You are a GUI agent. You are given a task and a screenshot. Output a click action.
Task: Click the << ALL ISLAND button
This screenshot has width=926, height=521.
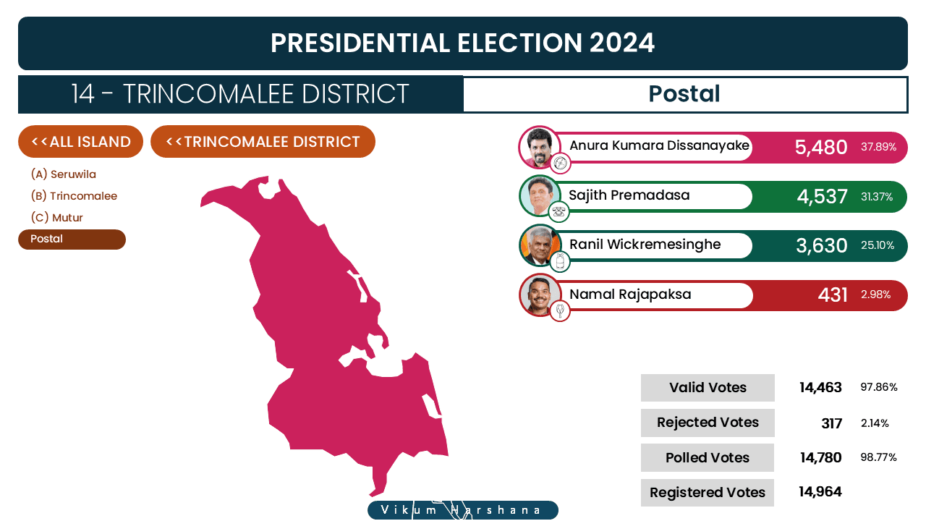coord(80,142)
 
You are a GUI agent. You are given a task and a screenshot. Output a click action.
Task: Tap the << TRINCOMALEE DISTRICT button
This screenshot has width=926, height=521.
coord(263,142)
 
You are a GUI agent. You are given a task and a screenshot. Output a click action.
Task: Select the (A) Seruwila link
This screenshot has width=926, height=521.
coord(63,174)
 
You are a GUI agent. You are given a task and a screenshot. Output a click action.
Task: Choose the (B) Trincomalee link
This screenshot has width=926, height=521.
coord(74,196)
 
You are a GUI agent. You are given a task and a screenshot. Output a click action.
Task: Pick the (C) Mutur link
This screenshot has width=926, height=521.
coord(56,218)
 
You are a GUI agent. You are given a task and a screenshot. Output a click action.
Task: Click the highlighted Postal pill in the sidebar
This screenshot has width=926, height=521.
coord(72,240)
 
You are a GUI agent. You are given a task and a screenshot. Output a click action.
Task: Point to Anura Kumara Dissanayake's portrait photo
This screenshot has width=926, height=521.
coord(539,147)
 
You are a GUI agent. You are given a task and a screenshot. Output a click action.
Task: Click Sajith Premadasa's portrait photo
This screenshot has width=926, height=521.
coord(540,196)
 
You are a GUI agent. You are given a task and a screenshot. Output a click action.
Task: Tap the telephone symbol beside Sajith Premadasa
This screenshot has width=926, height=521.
coord(559,212)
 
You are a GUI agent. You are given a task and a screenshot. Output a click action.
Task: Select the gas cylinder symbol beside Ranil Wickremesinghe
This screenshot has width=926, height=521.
coord(560,261)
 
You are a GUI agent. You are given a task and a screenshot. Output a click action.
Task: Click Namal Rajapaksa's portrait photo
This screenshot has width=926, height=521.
coord(540,295)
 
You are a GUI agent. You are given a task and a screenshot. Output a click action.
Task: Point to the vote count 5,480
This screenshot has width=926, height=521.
coord(821,147)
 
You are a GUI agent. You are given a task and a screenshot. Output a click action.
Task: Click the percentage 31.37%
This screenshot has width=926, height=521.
coord(877,197)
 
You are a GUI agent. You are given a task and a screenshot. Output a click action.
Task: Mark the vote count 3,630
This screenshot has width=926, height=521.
coord(822,245)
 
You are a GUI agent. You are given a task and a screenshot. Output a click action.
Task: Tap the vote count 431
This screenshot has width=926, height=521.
coord(833,295)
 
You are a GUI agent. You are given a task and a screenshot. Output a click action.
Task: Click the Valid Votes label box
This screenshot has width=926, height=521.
coord(708,388)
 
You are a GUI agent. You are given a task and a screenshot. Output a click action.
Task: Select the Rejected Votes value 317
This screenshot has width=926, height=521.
coord(832,423)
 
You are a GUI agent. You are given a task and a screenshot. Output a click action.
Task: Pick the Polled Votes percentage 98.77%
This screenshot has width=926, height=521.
coord(878,457)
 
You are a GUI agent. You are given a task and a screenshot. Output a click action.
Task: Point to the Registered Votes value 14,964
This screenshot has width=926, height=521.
coord(820,492)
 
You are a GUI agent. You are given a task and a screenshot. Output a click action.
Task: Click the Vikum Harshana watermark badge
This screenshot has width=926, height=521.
coord(463,510)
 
